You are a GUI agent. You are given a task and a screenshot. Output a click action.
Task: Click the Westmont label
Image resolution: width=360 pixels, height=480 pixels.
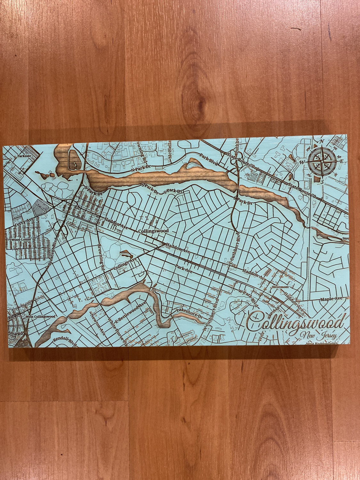[x=280, y=287]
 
